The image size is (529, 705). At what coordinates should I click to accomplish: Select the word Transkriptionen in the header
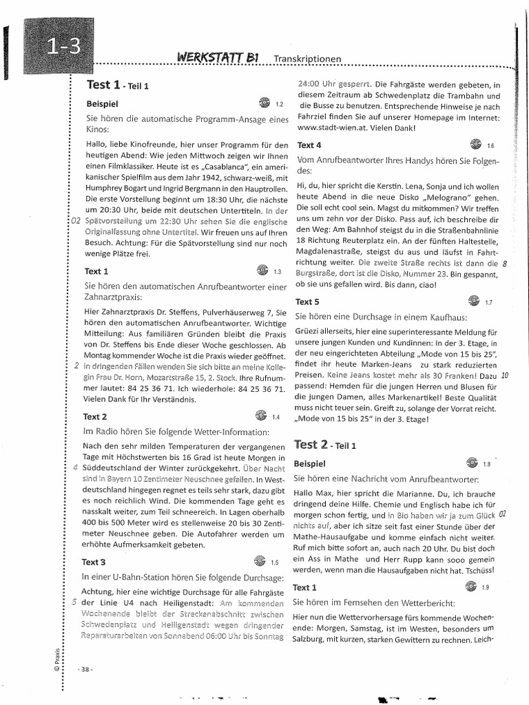(x=307, y=60)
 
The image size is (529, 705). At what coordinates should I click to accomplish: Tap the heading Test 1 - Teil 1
(x=117, y=85)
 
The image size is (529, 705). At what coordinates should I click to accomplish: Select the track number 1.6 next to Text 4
(x=490, y=146)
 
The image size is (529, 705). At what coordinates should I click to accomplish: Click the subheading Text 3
(x=94, y=561)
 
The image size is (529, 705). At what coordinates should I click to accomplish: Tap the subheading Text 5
(x=307, y=302)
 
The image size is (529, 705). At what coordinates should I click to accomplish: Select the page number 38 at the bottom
(x=86, y=669)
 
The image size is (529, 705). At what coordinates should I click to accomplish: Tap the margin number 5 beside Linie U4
(x=74, y=602)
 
